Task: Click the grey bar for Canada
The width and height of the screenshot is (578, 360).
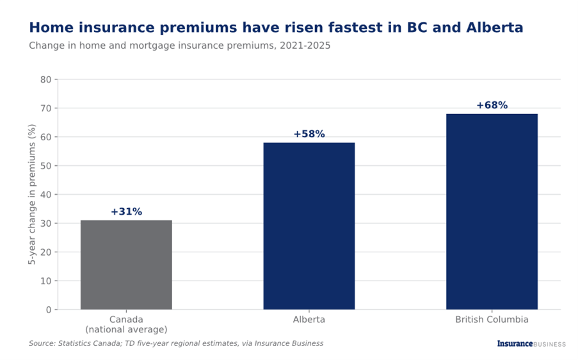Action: [x=126, y=265]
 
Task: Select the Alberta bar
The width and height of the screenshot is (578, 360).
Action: [x=309, y=226]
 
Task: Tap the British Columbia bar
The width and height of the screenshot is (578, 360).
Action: [x=492, y=212]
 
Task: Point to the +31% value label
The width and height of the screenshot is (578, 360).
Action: [x=127, y=212]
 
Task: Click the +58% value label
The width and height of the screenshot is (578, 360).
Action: [x=309, y=134]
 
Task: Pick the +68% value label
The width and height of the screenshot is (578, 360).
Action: [x=492, y=105]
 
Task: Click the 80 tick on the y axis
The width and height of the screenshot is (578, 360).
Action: [x=46, y=79]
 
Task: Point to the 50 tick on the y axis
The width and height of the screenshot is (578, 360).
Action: [x=46, y=166]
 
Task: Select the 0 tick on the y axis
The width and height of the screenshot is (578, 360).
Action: [x=49, y=310]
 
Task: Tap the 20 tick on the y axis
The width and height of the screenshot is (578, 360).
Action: [x=46, y=252]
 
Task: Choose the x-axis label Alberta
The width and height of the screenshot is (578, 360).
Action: [x=309, y=320]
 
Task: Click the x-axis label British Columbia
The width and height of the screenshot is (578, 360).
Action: [x=492, y=320]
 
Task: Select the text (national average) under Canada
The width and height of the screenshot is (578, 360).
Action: [x=126, y=329]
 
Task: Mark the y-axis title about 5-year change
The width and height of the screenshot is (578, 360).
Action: [x=32, y=194]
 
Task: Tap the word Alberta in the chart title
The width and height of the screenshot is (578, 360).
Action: [x=495, y=28]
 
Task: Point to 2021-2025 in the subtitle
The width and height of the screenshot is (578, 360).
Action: [x=305, y=45]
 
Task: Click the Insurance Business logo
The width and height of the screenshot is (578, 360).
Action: [x=531, y=344]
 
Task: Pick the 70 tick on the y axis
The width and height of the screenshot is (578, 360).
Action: [x=46, y=108]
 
